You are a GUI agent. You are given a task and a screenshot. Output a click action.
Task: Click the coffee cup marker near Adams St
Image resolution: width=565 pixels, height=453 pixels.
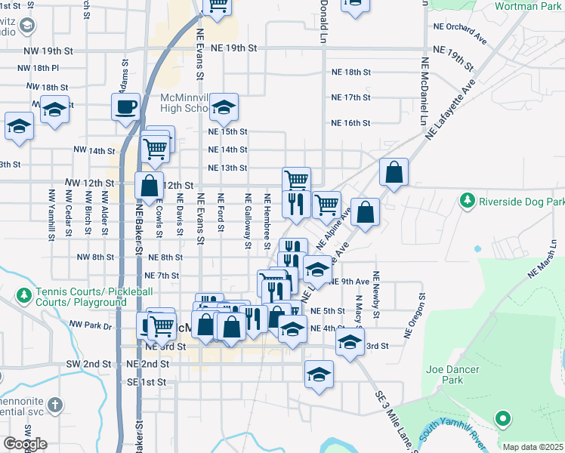tap(125, 106)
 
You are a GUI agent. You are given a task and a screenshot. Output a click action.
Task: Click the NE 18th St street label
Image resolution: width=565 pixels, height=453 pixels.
tap(351, 72)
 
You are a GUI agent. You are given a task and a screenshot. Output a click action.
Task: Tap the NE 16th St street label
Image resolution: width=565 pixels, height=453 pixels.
tap(351, 123)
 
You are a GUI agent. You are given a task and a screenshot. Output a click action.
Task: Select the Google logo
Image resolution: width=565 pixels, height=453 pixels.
tap(25, 444)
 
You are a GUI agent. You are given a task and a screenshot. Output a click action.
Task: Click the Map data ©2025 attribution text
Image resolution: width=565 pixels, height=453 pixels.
tap(533, 447)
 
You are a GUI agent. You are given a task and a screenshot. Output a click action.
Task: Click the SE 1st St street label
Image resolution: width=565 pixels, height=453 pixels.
tap(146, 382)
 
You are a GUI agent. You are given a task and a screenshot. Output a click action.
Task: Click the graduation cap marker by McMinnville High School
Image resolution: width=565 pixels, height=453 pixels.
tap(224, 108)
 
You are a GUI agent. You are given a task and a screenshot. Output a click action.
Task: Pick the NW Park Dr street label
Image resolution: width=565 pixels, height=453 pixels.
tap(90, 325)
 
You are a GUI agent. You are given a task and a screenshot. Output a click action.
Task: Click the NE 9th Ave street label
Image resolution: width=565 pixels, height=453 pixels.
tap(350, 282)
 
